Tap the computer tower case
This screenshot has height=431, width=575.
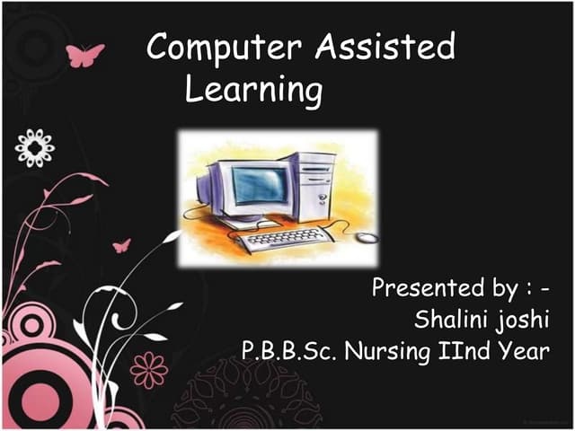[311, 185]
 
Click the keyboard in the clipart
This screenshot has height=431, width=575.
[286, 238]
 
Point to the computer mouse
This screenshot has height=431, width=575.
[366, 238]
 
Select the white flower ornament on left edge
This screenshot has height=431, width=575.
[34, 146]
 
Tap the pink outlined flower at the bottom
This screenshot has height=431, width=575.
[148, 369]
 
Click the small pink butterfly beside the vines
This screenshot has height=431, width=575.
[121, 245]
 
